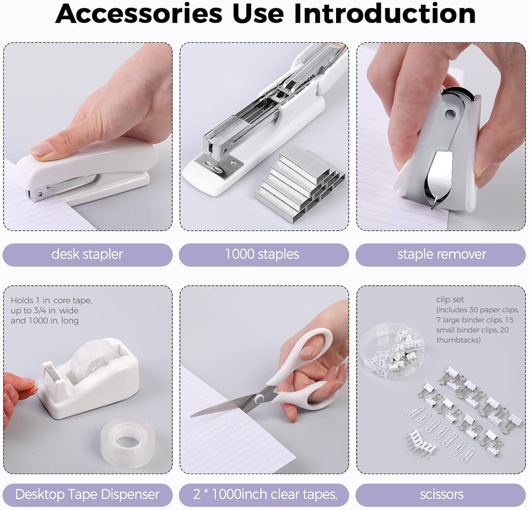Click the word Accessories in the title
139,14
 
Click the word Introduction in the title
384,14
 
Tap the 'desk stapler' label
87,254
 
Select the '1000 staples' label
262,254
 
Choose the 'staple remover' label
442,254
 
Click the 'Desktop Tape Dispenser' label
87,494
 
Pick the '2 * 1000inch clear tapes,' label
265,494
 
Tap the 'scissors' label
442,494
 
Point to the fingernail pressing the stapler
41,150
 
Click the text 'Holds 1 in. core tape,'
51,300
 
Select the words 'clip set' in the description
450,299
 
